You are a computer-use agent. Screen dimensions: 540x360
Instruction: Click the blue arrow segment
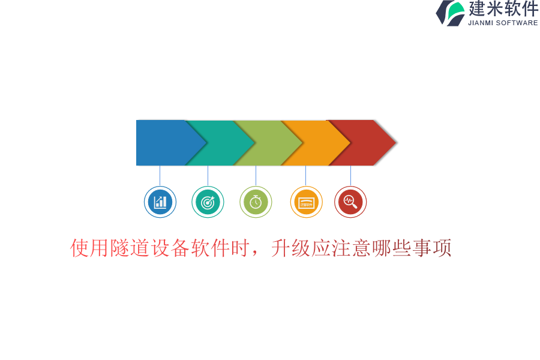coord(166,143)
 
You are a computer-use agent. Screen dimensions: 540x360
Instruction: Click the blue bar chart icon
coord(160,202)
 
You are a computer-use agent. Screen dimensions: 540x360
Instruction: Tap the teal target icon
coord(208,202)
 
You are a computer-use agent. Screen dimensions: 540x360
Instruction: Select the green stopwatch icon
coord(256,202)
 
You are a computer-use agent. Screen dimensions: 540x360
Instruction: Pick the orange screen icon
coord(306,202)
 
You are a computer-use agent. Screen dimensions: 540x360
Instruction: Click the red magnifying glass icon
coord(350,202)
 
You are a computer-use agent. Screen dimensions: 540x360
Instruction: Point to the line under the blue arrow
coord(160,176)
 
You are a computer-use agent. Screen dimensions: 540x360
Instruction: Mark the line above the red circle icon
coord(350,176)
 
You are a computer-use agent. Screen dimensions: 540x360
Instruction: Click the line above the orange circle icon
coord(305,176)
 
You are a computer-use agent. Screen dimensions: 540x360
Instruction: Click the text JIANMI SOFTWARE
coord(503,23)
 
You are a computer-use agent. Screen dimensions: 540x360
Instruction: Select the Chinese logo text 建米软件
coord(503,9)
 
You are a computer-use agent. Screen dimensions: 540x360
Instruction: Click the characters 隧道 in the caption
coord(130,248)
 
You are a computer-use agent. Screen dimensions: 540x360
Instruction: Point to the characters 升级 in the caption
coord(290,248)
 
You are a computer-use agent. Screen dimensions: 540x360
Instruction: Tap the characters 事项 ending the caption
coord(432,248)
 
